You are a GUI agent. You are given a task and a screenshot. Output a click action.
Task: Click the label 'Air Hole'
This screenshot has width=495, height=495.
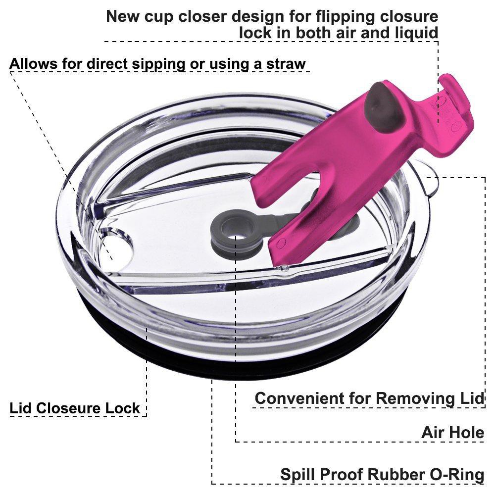coord(452,433)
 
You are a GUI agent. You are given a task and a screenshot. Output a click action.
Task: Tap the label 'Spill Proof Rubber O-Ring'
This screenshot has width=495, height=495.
coord(382,474)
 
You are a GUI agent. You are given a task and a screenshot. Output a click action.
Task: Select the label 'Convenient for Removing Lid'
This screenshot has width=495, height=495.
coord(369,398)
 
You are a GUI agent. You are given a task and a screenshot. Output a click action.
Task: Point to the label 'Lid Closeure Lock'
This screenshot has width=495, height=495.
coord(75,408)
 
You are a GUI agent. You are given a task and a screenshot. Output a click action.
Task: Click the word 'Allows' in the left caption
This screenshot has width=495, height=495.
coord(33,64)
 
